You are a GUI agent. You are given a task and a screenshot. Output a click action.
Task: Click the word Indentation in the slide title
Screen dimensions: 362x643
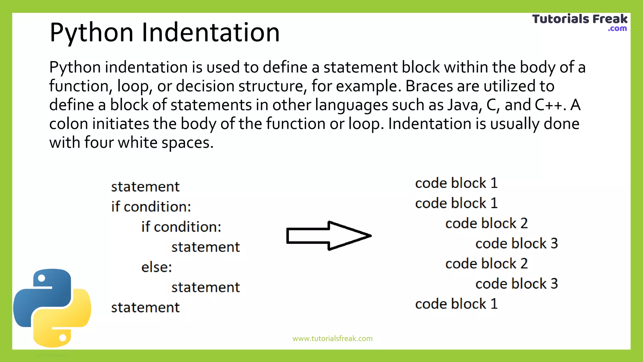[210, 32]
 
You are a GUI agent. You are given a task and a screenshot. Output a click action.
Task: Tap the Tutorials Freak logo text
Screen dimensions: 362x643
[580, 19]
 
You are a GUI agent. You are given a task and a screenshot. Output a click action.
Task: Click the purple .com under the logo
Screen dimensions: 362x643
[617, 29]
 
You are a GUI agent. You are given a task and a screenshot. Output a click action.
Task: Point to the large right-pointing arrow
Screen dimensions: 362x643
[329, 236]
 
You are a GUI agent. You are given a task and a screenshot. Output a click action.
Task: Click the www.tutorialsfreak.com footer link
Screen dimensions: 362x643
[332, 338]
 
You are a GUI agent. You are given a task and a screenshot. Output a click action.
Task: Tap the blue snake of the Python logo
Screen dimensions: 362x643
[42, 295]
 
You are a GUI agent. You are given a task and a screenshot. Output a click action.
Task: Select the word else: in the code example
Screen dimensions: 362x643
[157, 267]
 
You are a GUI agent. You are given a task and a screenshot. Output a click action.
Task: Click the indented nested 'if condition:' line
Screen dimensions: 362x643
[181, 227]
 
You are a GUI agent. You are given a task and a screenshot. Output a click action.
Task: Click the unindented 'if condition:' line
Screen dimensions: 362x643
[151, 207]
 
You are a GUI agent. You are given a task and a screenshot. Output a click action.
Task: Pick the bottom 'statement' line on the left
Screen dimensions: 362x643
[145, 307]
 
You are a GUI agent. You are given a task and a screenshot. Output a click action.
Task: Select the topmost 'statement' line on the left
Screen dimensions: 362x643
[145, 187]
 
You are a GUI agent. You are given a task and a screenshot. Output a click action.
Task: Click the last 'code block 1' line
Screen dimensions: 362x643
[456, 304]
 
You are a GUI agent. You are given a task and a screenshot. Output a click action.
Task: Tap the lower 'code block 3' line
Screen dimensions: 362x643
[516, 284]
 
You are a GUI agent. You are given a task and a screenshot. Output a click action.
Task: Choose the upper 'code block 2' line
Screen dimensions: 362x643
[486, 223]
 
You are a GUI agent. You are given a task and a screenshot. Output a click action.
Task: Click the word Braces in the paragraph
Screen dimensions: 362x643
[429, 86]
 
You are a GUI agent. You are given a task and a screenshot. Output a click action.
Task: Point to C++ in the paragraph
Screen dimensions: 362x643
[548, 105]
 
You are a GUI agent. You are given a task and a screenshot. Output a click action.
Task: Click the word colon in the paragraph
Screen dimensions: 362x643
[68, 124]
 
